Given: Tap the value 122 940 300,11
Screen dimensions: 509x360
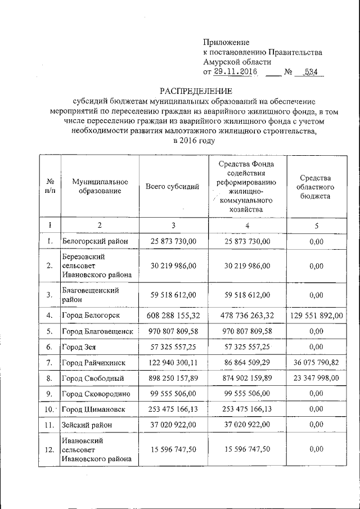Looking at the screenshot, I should click(x=173, y=363).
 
